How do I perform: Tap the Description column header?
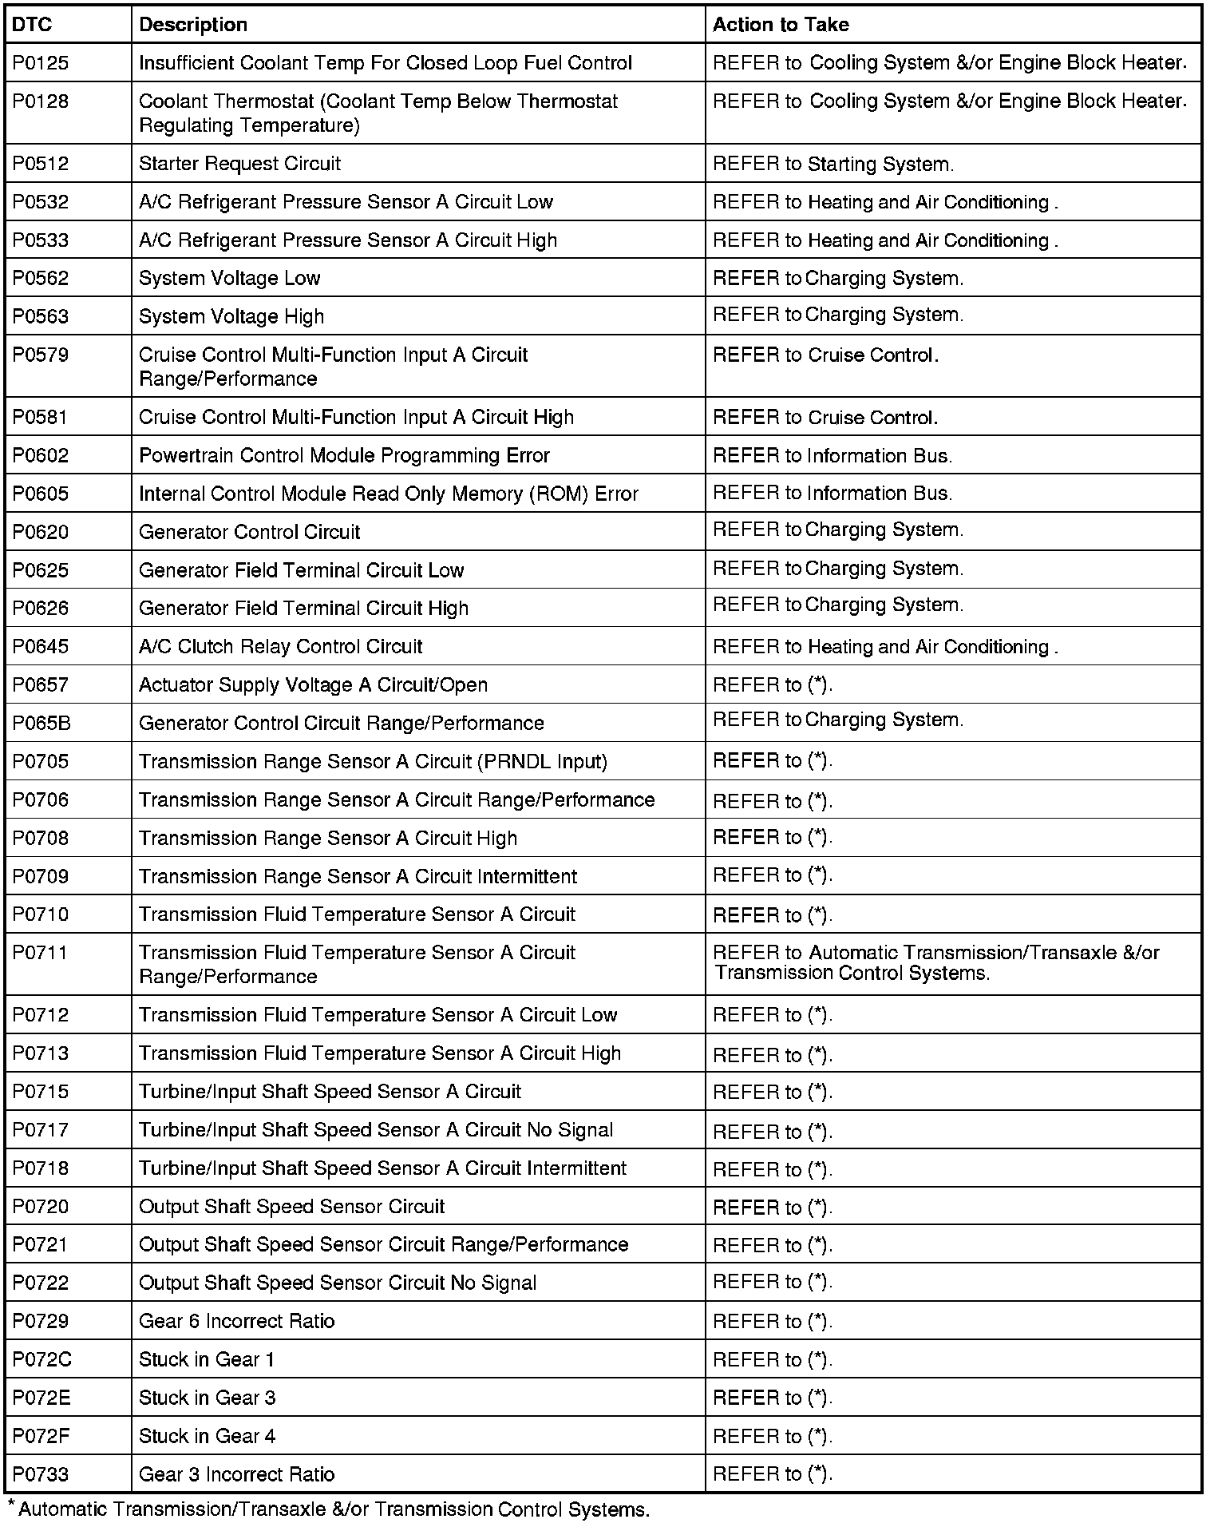(193, 25)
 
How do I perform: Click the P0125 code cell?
(41, 63)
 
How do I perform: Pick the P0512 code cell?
(41, 164)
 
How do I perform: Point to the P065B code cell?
(42, 723)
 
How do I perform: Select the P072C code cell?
(42, 1359)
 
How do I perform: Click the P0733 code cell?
(41, 1474)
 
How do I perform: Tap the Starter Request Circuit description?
(239, 164)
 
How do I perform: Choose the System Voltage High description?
(231, 316)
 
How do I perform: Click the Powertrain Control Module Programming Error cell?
(344, 455)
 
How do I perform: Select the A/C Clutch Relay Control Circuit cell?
(280, 646)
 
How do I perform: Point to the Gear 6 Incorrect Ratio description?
(236, 1321)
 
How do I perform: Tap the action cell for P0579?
(825, 355)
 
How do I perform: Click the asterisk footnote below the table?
(329, 1509)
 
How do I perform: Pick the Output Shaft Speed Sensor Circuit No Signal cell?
(337, 1283)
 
